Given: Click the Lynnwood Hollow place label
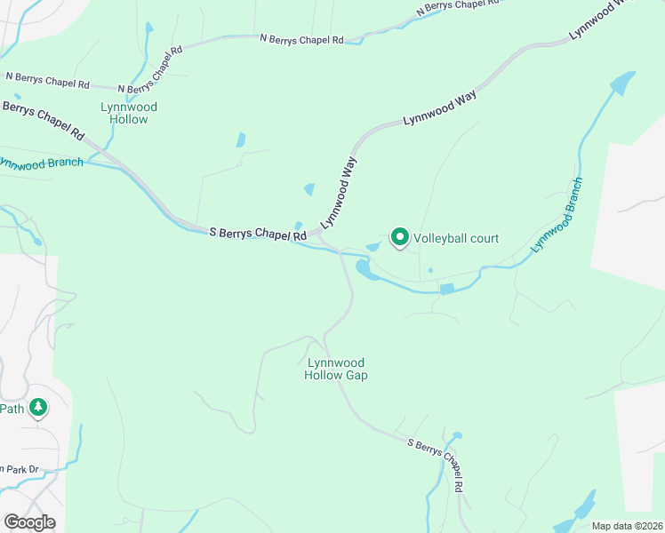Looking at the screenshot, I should [x=129, y=113].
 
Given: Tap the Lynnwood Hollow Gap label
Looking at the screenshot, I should [x=336, y=369].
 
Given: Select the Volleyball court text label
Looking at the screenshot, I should [x=456, y=238].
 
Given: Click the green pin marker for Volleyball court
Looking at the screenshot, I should [x=400, y=237].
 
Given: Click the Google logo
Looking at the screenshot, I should [x=29, y=522].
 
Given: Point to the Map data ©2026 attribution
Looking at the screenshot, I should [x=627, y=526].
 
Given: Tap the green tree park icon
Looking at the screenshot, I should [x=37, y=408].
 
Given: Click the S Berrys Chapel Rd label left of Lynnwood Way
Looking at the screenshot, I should [x=258, y=234].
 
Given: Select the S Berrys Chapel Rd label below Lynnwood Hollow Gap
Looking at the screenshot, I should [x=436, y=465].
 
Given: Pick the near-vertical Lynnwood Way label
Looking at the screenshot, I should [x=339, y=193].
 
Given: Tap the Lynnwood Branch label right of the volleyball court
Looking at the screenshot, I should [x=557, y=216].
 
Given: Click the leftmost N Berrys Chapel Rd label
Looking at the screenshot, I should [x=46, y=84].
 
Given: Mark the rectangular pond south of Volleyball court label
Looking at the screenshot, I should [x=447, y=289].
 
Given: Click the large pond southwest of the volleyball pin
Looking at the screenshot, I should [x=362, y=267].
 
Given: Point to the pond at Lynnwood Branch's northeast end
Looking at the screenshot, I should [x=621, y=84].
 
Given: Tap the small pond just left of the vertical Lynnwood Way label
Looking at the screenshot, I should [x=309, y=189].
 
